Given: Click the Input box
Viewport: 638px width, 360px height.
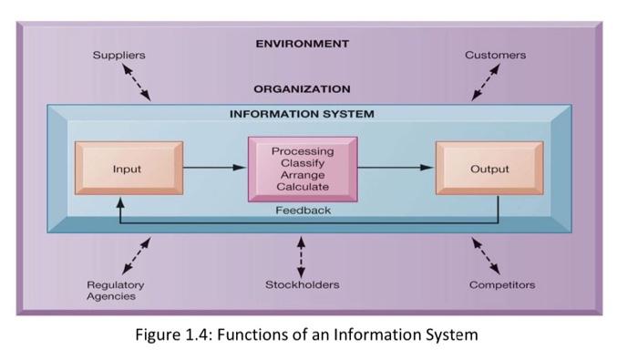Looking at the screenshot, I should (x=128, y=169).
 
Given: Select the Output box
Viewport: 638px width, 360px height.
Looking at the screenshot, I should (x=489, y=169).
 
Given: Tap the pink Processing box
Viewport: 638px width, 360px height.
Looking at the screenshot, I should (x=302, y=169).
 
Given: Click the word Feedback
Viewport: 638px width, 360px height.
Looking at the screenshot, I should (x=303, y=211).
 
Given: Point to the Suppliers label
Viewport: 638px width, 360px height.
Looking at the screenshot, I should (x=118, y=56).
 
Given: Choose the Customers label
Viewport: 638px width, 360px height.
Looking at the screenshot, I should (x=495, y=56).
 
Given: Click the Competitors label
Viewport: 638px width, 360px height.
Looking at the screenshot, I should (x=502, y=285).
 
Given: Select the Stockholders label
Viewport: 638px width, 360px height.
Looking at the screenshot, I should (x=302, y=285).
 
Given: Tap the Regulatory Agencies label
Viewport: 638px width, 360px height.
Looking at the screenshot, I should (x=115, y=291).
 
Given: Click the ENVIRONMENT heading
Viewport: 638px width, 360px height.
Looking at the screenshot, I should (x=302, y=44).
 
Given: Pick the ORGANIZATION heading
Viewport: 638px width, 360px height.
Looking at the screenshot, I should (x=302, y=89).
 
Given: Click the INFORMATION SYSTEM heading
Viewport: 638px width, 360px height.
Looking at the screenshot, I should (x=302, y=115).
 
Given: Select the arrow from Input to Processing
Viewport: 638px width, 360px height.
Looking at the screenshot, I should (x=215, y=169).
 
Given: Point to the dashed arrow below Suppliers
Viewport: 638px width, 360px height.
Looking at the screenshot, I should (x=137, y=83).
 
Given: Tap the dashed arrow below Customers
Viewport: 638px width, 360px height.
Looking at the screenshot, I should (x=485, y=83).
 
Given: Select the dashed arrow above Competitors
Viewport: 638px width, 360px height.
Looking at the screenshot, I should (x=485, y=255).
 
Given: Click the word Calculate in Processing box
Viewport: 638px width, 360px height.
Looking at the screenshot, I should (x=302, y=187).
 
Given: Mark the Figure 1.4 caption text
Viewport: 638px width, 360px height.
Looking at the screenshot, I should (x=306, y=334).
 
